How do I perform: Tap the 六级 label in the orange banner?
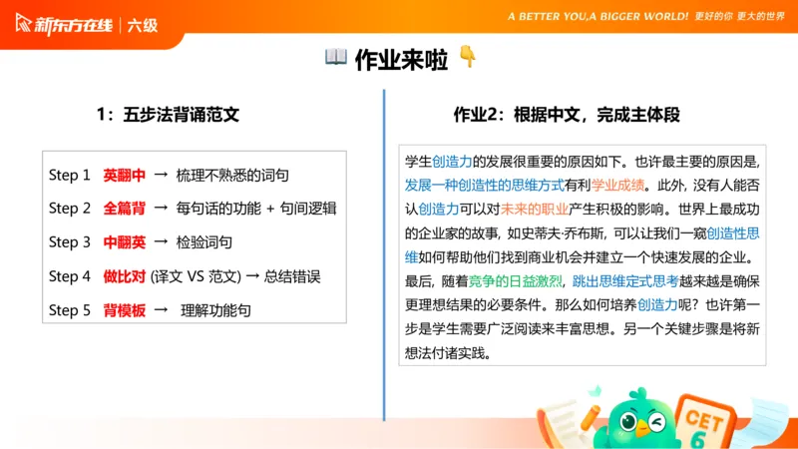click(143, 26)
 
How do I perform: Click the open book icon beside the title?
click(336, 58)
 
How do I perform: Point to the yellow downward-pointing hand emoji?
click(467, 58)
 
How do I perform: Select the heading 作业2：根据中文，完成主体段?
click(567, 115)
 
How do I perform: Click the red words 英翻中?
click(124, 175)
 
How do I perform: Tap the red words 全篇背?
click(124, 209)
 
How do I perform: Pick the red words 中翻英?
click(124, 242)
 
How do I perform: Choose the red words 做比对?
click(124, 276)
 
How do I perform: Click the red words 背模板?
click(124, 310)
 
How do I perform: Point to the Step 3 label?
click(70, 242)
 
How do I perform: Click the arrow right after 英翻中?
click(160, 175)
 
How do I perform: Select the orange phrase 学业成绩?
click(617, 185)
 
